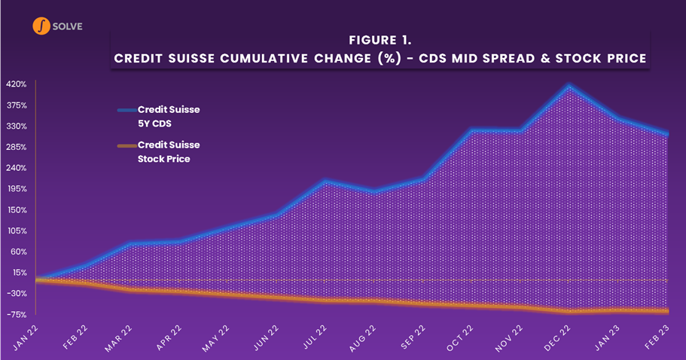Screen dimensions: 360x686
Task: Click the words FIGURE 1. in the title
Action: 381,39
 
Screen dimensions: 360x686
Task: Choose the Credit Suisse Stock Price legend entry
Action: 168,151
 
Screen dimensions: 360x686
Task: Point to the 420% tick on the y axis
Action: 17,84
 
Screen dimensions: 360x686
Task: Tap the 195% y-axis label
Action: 17,188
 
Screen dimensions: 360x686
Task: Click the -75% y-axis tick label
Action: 17,315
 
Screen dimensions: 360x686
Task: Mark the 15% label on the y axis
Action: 19,273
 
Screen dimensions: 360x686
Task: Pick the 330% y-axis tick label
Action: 17,126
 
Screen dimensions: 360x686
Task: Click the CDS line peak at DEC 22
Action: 570,87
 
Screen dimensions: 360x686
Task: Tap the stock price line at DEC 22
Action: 570,311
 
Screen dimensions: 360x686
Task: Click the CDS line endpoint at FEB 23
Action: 667,134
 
